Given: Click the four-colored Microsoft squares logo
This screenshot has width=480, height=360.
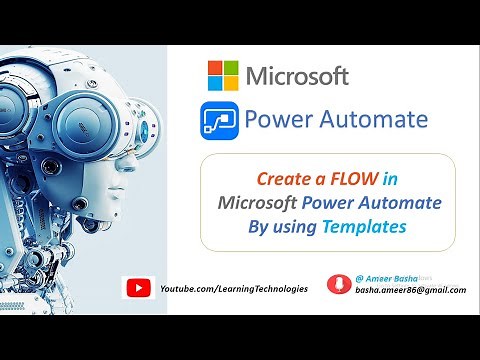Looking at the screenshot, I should (222, 75).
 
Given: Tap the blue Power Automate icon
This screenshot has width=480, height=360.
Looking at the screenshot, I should (217, 121).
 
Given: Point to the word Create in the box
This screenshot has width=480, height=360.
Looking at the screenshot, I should (284, 179).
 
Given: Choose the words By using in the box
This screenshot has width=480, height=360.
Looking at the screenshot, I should (283, 227).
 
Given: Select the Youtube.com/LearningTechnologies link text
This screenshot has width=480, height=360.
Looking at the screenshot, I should (234, 288).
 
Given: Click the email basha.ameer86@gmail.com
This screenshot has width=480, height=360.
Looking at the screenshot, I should (410, 290).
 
